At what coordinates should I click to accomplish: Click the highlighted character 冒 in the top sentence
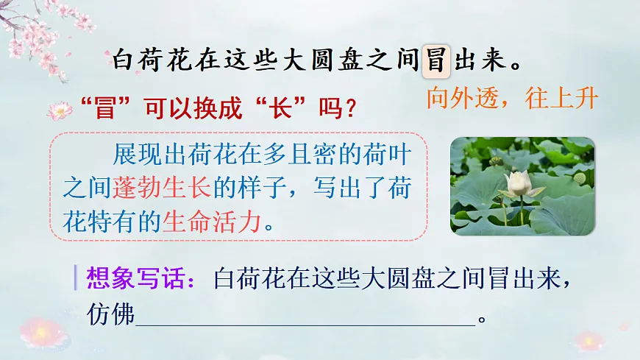[x=435, y=60]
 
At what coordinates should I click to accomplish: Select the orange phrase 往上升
[x=561, y=98]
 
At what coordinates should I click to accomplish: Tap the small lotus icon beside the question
[x=60, y=111]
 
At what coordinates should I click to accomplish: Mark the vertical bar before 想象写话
[x=76, y=278]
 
